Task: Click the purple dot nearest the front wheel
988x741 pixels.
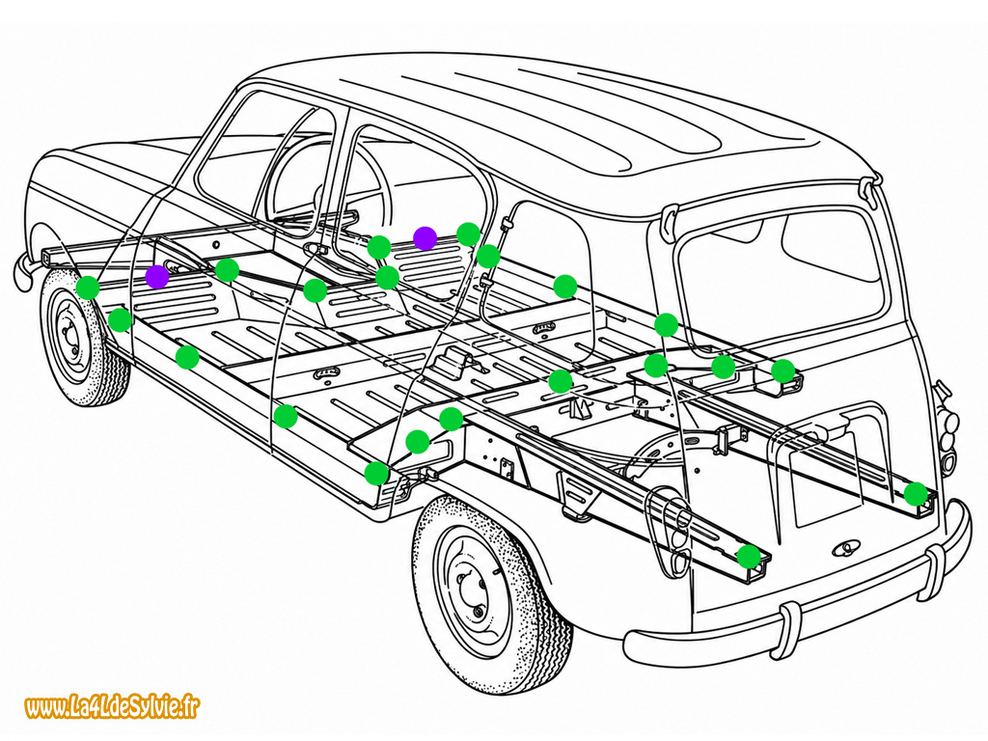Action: point(157,277)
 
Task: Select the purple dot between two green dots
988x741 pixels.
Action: point(425,238)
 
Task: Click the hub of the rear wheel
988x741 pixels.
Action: point(471,591)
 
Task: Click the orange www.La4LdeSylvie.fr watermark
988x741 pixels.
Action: point(113,707)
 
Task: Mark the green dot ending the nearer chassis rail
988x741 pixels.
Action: point(749,557)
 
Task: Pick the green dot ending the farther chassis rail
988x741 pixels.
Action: point(916,494)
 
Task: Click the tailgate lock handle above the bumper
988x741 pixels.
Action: point(847,549)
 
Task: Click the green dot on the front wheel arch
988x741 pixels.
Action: point(88,288)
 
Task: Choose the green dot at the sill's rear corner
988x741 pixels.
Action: point(377,473)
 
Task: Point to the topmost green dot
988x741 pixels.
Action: point(468,233)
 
